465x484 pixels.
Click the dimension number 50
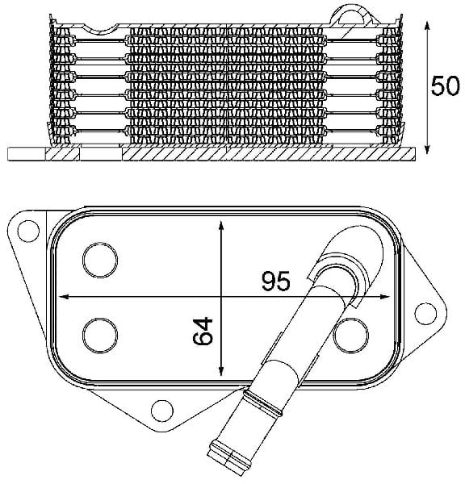[445, 86]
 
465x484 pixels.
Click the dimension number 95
[276, 281]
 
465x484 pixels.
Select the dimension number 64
[203, 331]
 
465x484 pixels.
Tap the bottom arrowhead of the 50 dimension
[427, 149]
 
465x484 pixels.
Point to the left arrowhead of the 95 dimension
[64, 297]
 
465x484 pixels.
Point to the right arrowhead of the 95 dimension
[384, 297]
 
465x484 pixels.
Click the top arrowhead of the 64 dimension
[221, 226]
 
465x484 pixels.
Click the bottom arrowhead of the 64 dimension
[221, 371]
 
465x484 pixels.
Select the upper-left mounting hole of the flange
[28, 231]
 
